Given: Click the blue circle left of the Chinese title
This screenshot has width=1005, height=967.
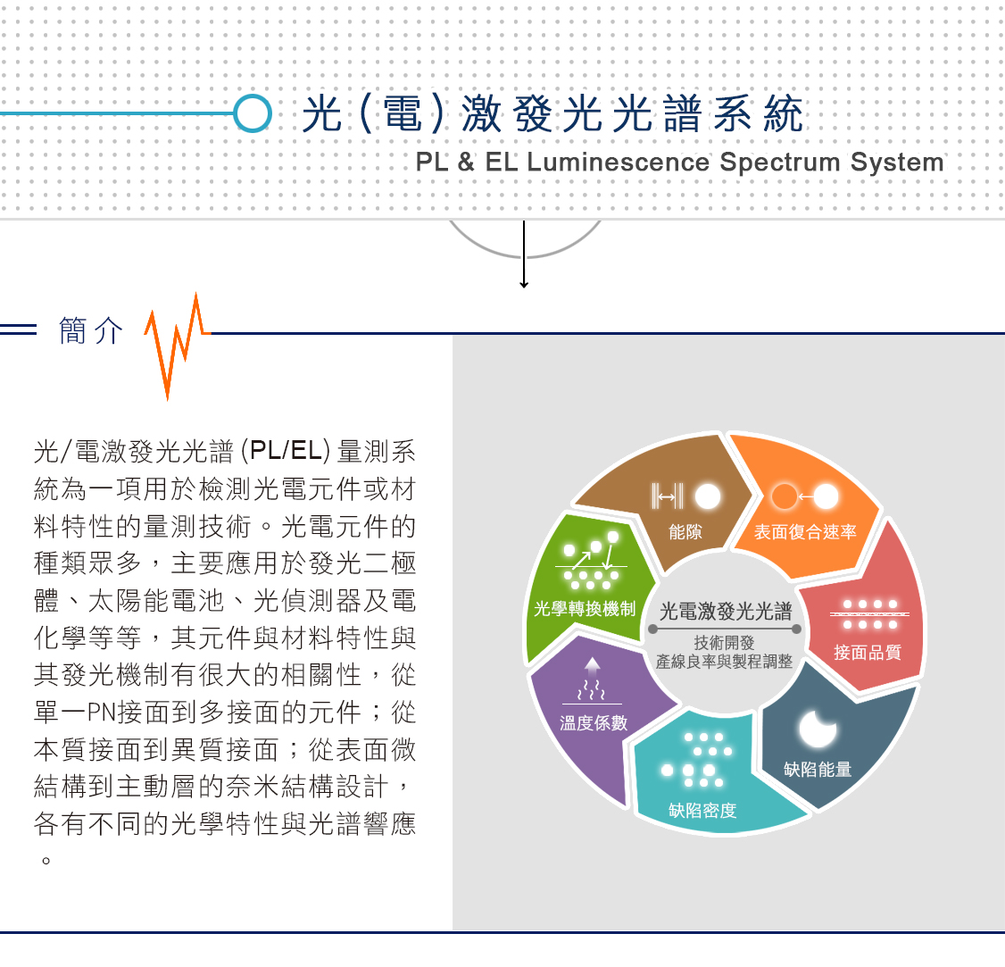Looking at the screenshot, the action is pyautogui.click(x=253, y=113).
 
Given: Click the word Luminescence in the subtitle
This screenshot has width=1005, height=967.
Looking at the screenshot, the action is pyautogui.click(x=618, y=163).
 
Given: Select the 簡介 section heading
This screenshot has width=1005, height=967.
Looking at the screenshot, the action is pyautogui.click(x=91, y=331).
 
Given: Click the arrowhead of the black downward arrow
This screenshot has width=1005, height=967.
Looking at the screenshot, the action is pyautogui.click(x=524, y=283).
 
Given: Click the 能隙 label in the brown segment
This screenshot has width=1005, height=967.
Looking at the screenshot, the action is pyautogui.click(x=685, y=531).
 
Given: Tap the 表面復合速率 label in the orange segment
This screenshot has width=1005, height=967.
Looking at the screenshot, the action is pyautogui.click(x=805, y=531).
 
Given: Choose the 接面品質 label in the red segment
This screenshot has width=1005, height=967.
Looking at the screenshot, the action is pyautogui.click(x=868, y=652).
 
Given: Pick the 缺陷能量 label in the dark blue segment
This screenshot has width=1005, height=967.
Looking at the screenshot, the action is pyautogui.click(x=818, y=769).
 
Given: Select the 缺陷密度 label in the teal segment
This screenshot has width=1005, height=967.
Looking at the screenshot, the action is pyautogui.click(x=702, y=811).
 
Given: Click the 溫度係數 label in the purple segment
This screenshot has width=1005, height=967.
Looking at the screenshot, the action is pyautogui.click(x=594, y=722).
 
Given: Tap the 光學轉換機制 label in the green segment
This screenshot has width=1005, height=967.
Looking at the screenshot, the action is pyautogui.click(x=585, y=609).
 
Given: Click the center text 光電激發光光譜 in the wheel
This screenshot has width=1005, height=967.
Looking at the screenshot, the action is pyautogui.click(x=726, y=611).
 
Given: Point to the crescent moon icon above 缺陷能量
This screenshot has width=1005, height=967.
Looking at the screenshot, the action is pyautogui.click(x=818, y=729).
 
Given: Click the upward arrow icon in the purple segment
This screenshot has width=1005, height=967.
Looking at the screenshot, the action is pyautogui.click(x=593, y=666).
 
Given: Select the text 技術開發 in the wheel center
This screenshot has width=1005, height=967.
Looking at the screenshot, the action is pyautogui.click(x=724, y=643).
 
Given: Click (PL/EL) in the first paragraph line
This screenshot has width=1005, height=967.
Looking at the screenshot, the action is pyautogui.click(x=286, y=451).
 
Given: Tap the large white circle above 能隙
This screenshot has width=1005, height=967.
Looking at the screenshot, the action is pyautogui.click(x=708, y=496).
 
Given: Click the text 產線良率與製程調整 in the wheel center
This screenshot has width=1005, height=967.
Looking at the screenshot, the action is pyautogui.click(x=724, y=661).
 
